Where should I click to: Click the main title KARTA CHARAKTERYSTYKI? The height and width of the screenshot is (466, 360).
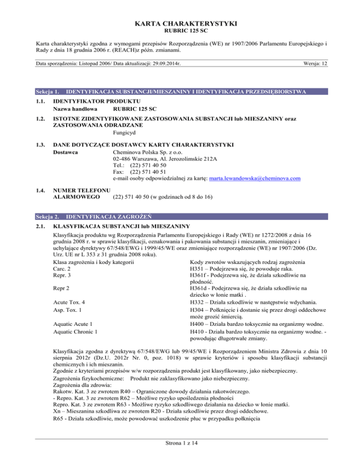tap(180, 10)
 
